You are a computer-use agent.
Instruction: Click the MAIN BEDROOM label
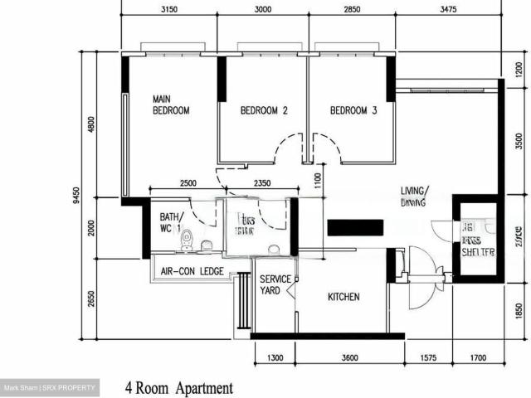[x=171, y=104]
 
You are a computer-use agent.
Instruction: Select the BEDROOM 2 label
[x=264, y=110]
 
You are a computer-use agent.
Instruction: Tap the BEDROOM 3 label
[x=353, y=110]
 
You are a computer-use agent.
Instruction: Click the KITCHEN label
[x=343, y=296]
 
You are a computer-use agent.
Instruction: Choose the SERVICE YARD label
[x=275, y=284]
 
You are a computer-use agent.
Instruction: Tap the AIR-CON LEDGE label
[x=190, y=271]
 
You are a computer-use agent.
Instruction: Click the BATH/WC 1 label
[x=170, y=221]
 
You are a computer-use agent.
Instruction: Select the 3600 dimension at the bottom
[x=348, y=358]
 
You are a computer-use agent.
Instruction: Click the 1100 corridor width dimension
[x=318, y=178]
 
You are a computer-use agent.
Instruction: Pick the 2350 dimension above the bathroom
[x=241, y=183]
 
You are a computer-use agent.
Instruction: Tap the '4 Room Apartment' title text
[x=179, y=387]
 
